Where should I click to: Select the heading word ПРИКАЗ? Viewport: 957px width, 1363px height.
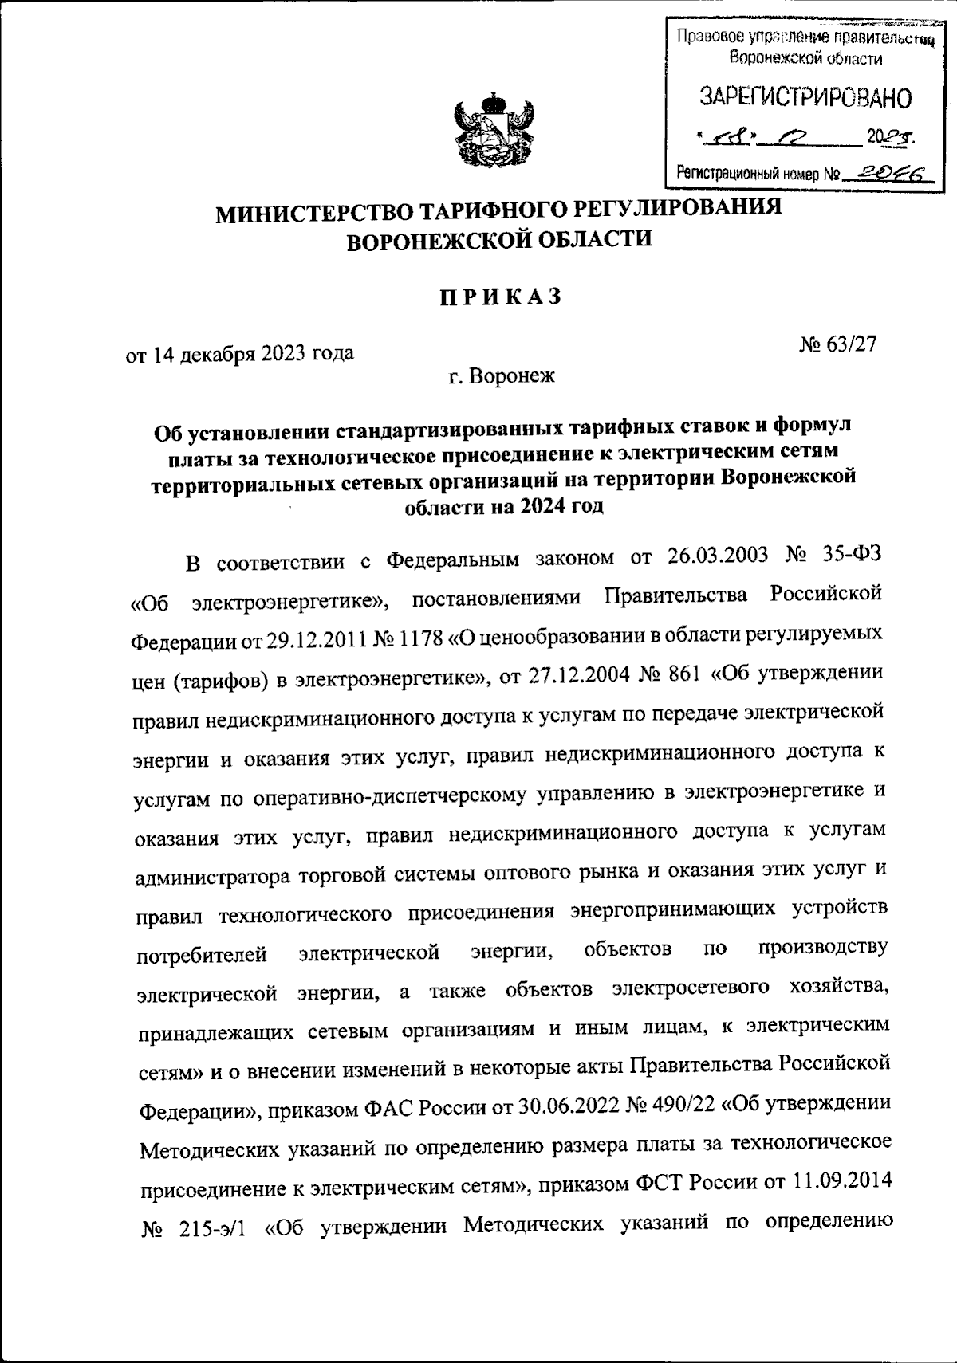[x=498, y=298]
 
